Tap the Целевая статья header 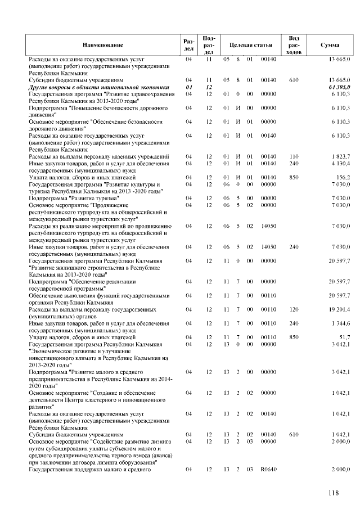250,44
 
